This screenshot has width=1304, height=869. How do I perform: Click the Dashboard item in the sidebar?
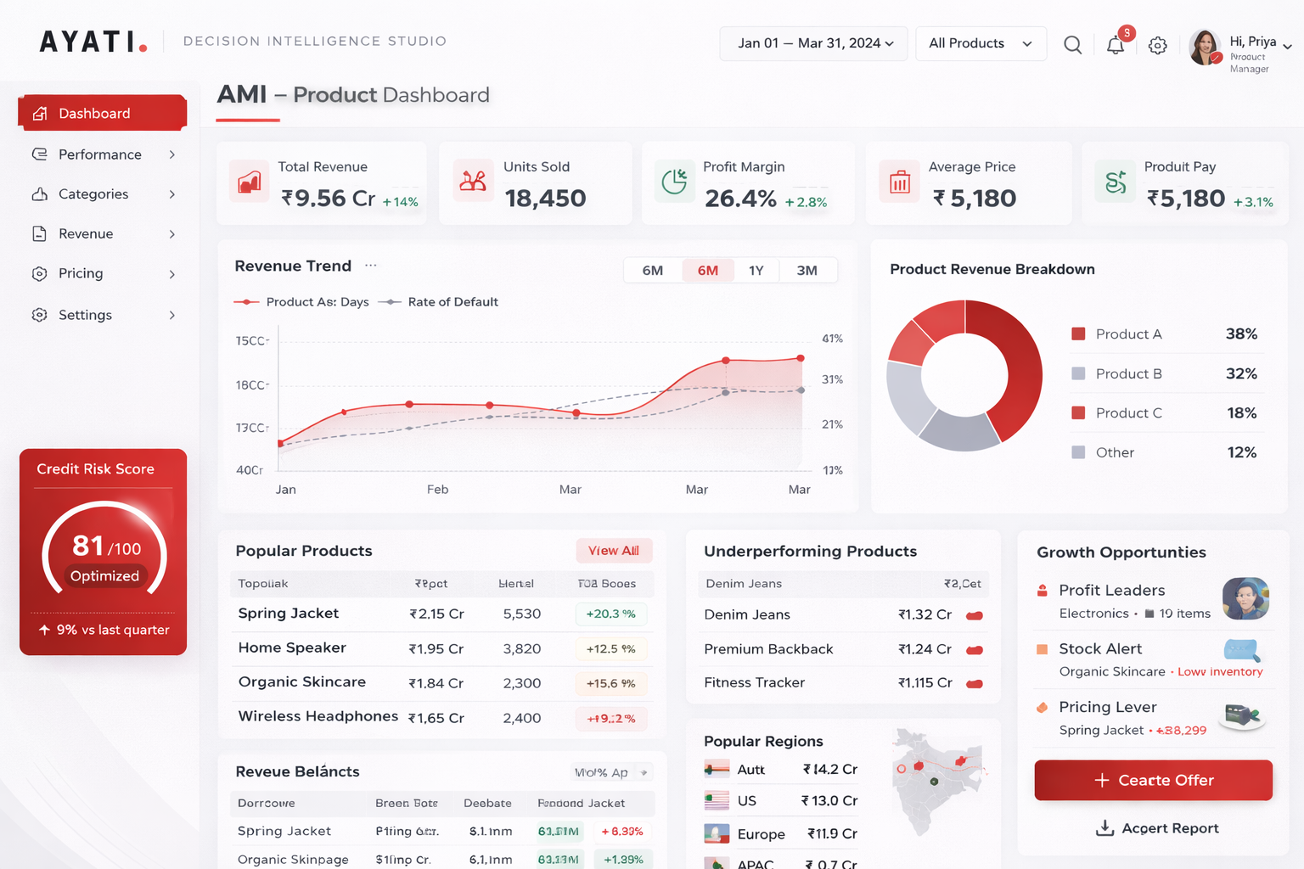94,114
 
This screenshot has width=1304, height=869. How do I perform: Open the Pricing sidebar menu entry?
81,273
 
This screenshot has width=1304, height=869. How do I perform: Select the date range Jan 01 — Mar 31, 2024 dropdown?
813,43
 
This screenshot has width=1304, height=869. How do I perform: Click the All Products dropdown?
980,43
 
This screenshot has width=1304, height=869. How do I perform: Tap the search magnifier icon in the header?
1072,45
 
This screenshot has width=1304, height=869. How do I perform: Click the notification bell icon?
1116,46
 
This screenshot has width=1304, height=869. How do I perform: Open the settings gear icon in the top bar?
1157,46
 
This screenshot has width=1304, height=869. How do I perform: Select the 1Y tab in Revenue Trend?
756,271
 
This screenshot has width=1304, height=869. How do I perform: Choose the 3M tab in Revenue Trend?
807,271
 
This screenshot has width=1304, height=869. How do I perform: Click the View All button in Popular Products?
613,551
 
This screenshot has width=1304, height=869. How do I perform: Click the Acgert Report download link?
1158,828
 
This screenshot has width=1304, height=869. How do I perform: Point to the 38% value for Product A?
1240,334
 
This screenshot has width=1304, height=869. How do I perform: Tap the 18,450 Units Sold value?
545,199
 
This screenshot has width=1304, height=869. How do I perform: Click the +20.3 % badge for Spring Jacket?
610,614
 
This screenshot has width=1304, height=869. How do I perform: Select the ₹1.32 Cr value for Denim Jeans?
925,614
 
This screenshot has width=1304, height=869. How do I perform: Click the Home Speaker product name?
292,648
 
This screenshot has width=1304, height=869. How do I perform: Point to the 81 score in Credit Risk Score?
87,546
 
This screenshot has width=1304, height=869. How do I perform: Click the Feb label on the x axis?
437,490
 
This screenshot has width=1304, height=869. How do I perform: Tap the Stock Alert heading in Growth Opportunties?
1100,649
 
